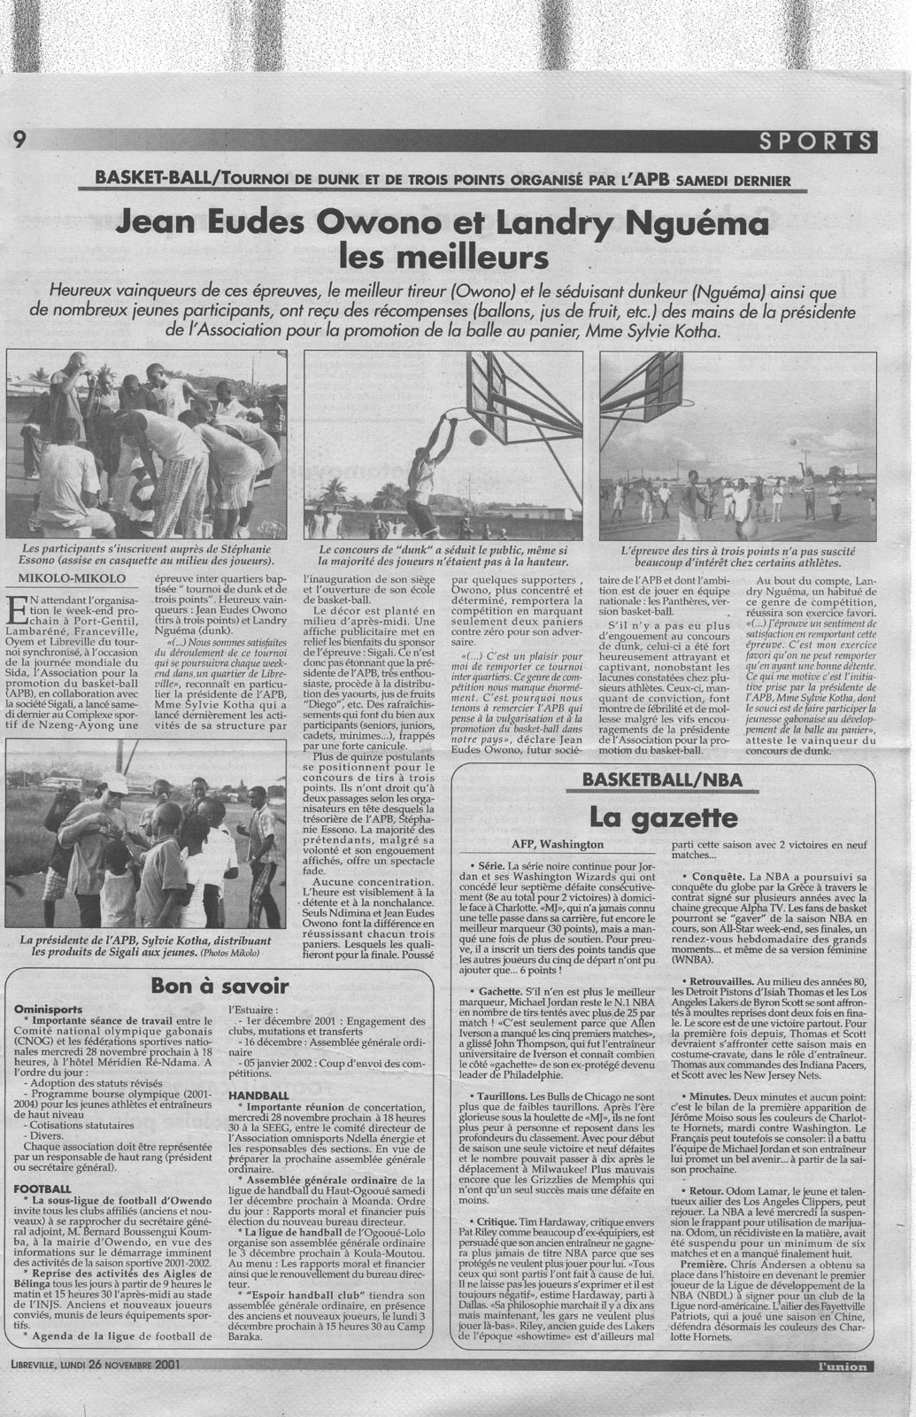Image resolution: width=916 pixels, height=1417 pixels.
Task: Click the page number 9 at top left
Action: click(x=19, y=139)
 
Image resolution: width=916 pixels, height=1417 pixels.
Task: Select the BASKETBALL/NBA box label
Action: click(x=663, y=779)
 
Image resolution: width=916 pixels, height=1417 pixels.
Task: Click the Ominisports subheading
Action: click(x=48, y=1009)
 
